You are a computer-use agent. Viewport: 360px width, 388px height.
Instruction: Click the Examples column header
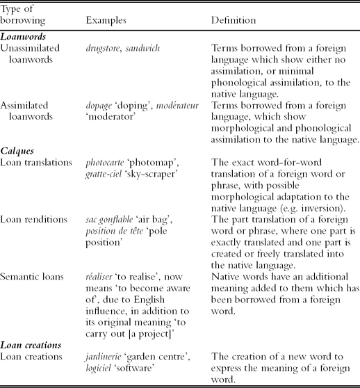pyautogui.click(x=105, y=21)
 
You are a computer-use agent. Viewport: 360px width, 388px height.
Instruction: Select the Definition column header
pyautogui.click(x=233, y=21)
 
